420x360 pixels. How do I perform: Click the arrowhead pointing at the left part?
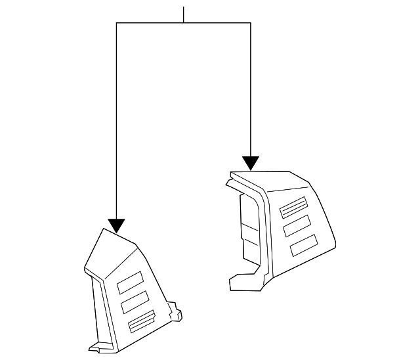pyautogui.click(x=117, y=226)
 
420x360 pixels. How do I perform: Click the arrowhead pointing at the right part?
pyautogui.click(x=251, y=163)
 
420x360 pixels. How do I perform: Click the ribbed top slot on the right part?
pyautogui.click(x=293, y=207)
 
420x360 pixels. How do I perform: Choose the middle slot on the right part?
pyautogui.click(x=299, y=226)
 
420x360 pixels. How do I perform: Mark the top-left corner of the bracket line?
pyautogui.click(x=117, y=24)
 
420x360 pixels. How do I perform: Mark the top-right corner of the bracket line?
pyautogui.click(x=251, y=24)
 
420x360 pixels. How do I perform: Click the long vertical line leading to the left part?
pyautogui.click(x=117, y=125)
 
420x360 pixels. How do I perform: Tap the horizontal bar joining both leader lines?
pyautogui.click(x=184, y=24)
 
